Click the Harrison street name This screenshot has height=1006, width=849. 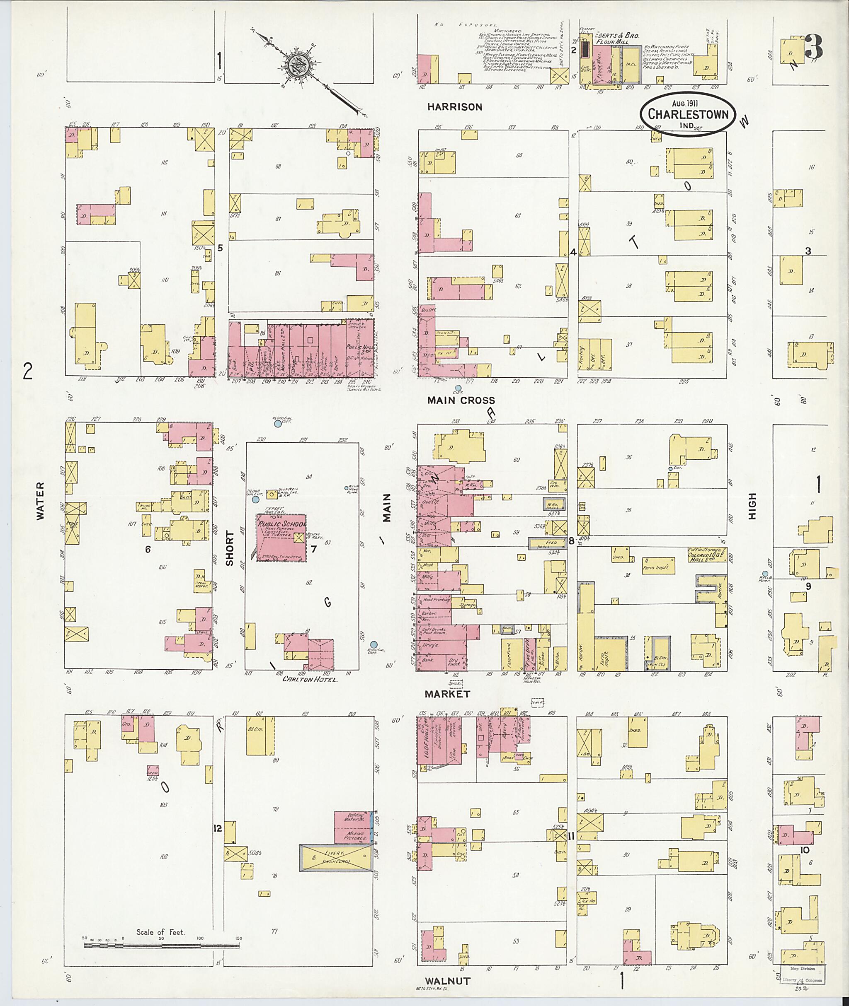pyautogui.click(x=454, y=107)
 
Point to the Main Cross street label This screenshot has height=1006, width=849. pyautogui.click(x=461, y=400)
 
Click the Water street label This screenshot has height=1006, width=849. pyautogui.click(x=39, y=501)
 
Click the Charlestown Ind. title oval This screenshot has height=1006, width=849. pyautogui.click(x=688, y=114)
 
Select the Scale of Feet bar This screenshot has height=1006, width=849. pyautogui.click(x=162, y=946)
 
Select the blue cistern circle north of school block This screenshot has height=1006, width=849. pyautogui.click(x=278, y=424)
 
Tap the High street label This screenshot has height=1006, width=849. pyautogui.click(x=752, y=506)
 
